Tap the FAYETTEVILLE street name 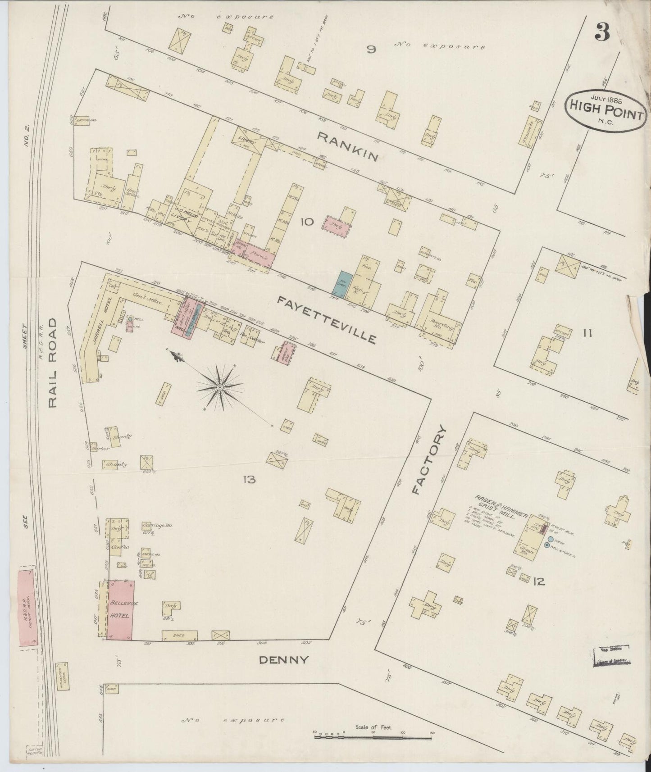pos(326,319)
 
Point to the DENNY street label pos(284,660)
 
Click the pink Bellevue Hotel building pos(120,609)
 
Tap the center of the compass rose pos(219,387)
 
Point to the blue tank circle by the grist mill pos(551,539)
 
